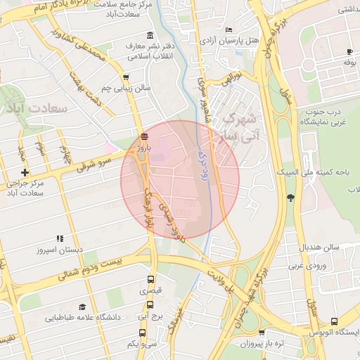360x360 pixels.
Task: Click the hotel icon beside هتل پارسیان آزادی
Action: pyautogui.click(x=229, y=30)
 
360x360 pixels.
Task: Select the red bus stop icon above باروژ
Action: pyautogui.click(x=144, y=136)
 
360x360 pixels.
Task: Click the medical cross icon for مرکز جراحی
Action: pyautogui.click(x=25, y=172)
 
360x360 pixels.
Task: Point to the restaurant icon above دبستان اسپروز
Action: pyautogui.click(x=60, y=238)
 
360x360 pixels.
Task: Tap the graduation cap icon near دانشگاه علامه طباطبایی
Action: pyautogui.click(x=82, y=307)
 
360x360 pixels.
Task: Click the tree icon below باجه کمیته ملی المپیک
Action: pyautogui.click(x=290, y=197)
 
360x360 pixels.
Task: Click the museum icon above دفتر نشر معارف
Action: pyautogui.click(x=149, y=36)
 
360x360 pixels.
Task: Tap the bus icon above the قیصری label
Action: pyautogui.click(x=150, y=278)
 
